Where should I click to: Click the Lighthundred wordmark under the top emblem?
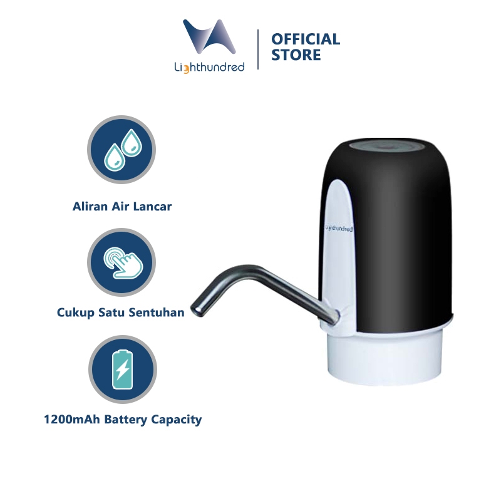210,66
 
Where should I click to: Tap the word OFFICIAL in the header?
306,39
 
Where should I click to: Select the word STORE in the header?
296,56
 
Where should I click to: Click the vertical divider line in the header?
259,48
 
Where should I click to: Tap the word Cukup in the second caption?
73,312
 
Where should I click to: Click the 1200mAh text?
70,420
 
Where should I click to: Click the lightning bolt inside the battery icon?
122,369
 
